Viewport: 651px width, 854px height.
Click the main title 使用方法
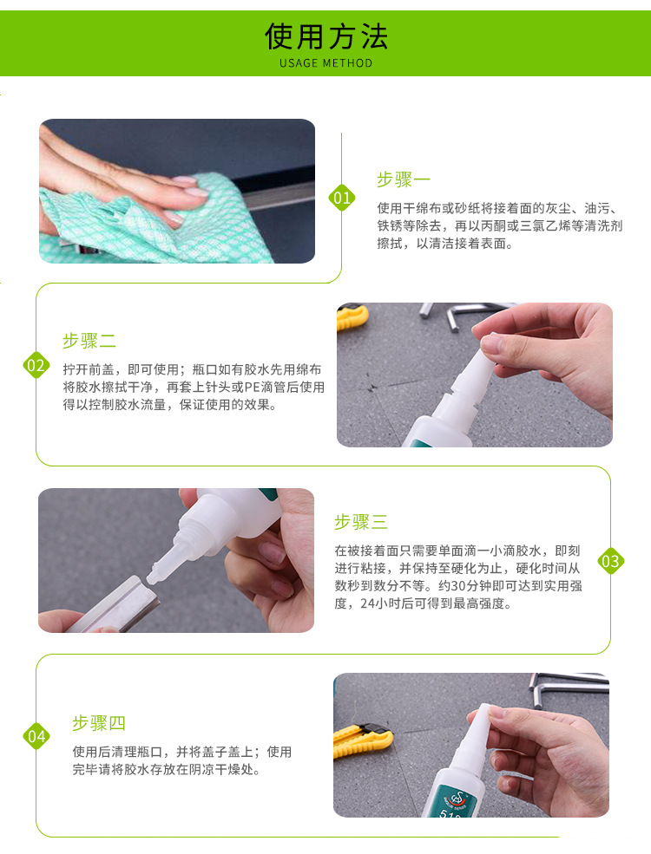coord(326,36)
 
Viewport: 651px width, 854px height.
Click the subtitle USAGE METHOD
coord(326,63)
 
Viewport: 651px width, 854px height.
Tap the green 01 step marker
coord(342,198)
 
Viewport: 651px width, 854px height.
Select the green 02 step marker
coord(36,365)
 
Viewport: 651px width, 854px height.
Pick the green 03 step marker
coord(611,561)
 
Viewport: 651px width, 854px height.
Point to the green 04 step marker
coord(36,736)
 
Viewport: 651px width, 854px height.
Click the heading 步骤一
coord(404,179)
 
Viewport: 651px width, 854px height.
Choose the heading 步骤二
coord(89,341)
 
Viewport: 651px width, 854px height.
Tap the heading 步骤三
coord(361,522)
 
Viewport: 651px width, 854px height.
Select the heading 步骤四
coord(99,723)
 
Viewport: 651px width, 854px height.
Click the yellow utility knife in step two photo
coord(352,317)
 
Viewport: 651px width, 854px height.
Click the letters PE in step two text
coord(252,388)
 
